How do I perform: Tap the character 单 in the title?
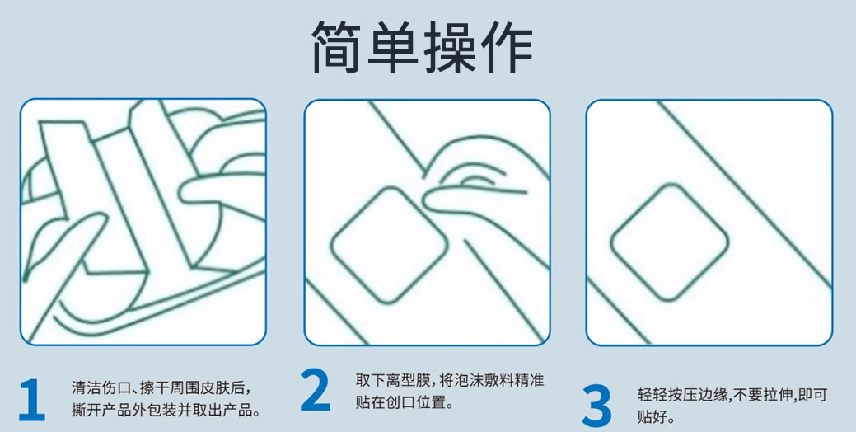[394, 47]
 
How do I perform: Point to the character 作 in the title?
[506, 47]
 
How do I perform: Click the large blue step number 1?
[31, 400]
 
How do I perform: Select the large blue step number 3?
[596, 406]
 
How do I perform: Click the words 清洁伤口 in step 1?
[100, 388]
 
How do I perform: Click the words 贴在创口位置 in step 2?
[397, 403]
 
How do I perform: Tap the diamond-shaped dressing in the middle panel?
[389, 245]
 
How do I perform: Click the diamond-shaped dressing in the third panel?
[669, 242]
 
